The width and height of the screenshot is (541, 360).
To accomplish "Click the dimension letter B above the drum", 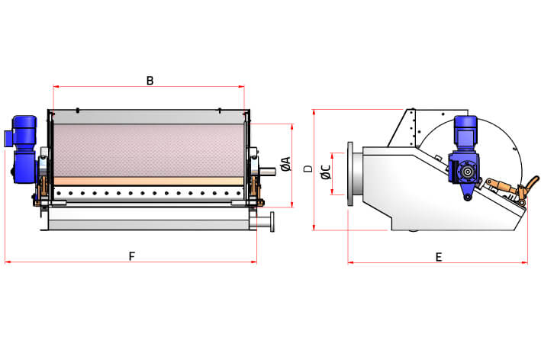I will pyautogui.click(x=150, y=80).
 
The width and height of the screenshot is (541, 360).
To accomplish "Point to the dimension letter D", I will pyautogui.click(x=308, y=169).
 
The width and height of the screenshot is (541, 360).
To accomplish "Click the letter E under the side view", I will pyautogui.click(x=439, y=257).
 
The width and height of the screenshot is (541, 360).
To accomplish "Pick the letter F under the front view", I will pyautogui.click(x=131, y=257).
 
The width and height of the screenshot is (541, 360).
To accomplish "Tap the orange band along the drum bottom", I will pyautogui.click(x=149, y=181).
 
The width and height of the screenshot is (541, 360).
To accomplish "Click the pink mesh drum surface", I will pyautogui.click(x=149, y=149).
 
